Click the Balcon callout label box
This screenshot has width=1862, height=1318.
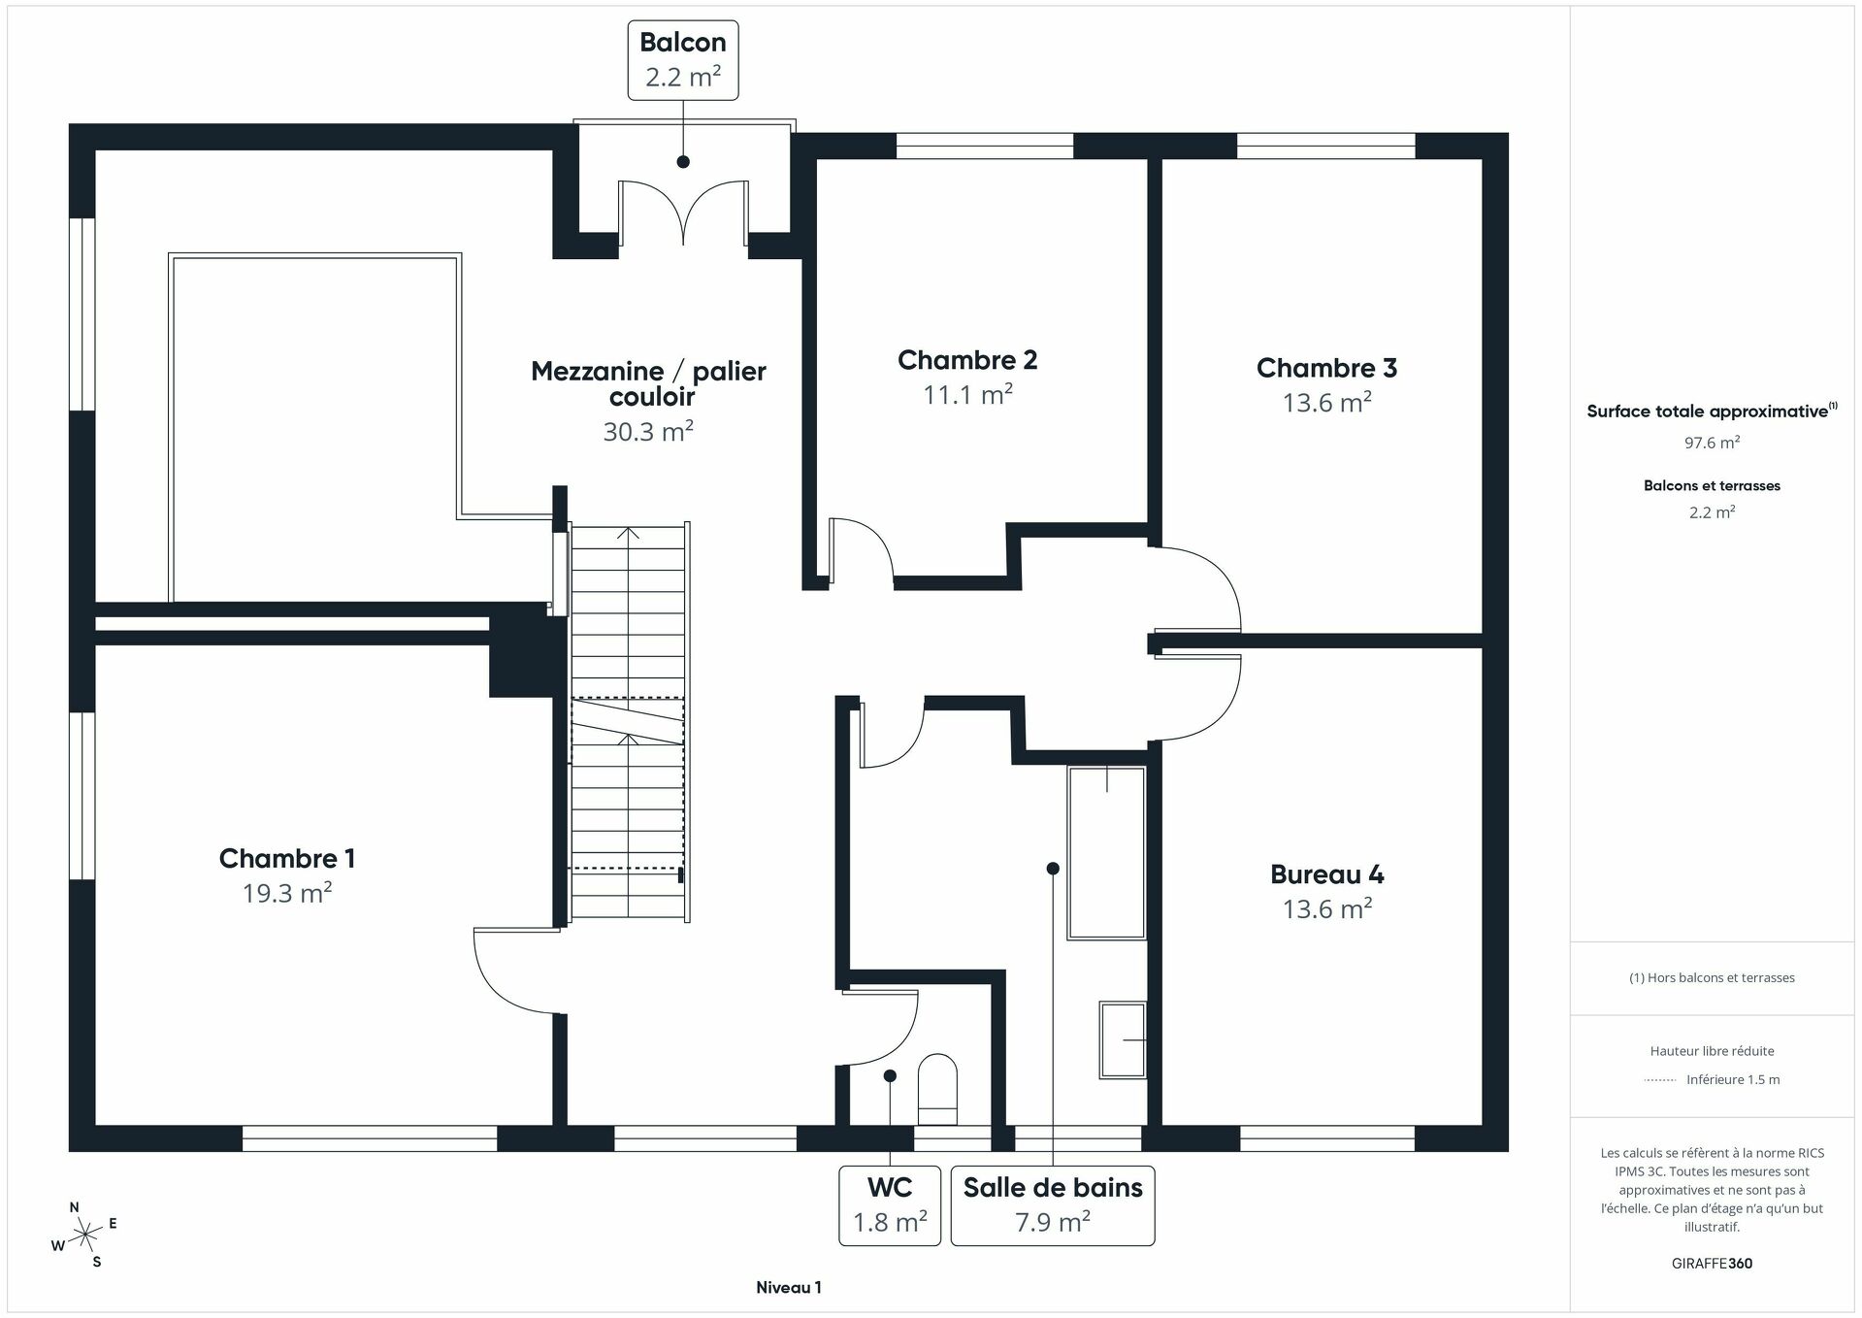point(682,60)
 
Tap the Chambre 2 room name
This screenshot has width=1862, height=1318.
point(967,360)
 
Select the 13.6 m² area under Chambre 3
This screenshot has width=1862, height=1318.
point(1326,403)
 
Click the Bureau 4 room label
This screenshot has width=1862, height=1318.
point(1326,874)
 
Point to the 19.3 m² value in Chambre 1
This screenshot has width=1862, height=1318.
point(287,893)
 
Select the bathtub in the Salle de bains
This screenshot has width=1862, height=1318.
point(1106,852)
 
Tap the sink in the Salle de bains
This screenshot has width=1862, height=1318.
point(1123,1039)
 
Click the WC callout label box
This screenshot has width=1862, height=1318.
point(889,1205)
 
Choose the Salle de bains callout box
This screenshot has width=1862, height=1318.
point(1052,1205)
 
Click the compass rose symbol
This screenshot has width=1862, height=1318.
point(85,1235)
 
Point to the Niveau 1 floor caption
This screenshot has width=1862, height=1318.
point(788,1287)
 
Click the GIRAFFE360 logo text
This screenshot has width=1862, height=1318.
point(1712,1263)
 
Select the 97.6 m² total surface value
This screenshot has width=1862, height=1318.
point(1712,443)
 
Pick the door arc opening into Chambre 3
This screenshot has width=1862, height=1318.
point(1198,587)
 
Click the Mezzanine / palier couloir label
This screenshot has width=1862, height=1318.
point(648,383)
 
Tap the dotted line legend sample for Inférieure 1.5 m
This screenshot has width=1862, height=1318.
point(1660,1079)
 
